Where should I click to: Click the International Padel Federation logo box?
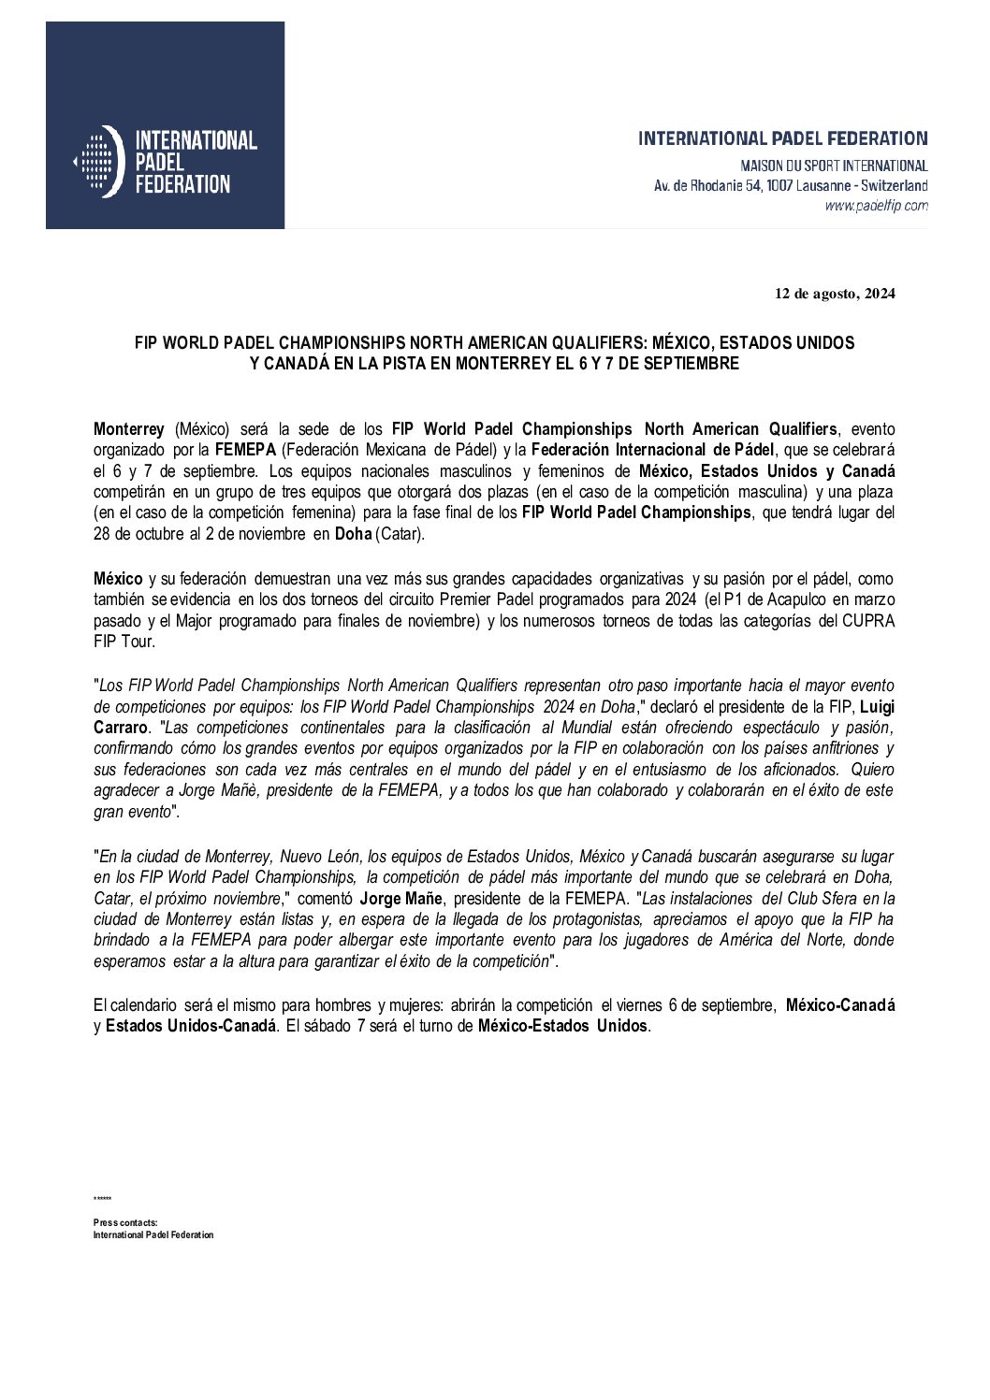pyautogui.click(x=165, y=125)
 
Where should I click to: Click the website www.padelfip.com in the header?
pyautogui.click(x=876, y=206)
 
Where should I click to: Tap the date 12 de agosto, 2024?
pyautogui.click(x=835, y=294)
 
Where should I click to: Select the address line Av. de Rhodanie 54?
pyautogui.click(x=790, y=186)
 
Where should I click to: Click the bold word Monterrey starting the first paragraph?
pyautogui.click(x=129, y=429)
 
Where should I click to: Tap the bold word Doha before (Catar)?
pyautogui.click(x=353, y=533)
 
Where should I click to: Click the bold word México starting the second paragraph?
pyautogui.click(x=118, y=580)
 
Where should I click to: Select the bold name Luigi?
pyautogui.click(x=877, y=707)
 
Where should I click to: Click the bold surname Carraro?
pyautogui.click(x=121, y=728)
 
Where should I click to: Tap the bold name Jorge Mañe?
pyautogui.click(x=400, y=899)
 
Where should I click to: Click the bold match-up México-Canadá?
pyautogui.click(x=839, y=1005)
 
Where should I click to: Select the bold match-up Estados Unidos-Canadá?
pyautogui.click(x=191, y=1026)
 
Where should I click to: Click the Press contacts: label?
pyautogui.click(x=125, y=1222)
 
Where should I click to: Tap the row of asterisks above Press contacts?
pyautogui.click(x=102, y=1199)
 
